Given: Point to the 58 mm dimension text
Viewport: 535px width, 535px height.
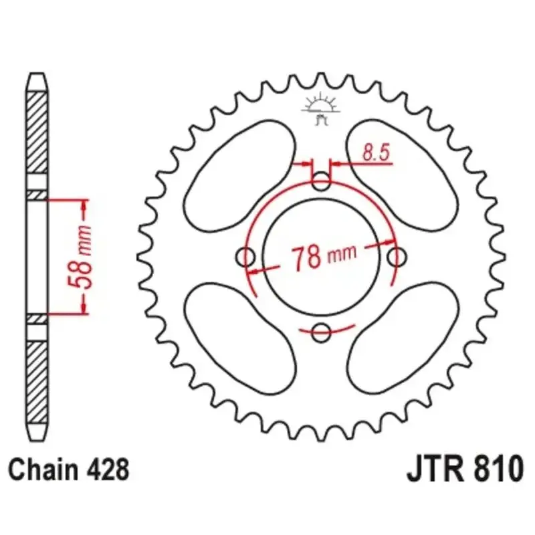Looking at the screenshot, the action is [80, 256].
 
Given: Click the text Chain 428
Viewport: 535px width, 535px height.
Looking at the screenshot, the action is [69, 470].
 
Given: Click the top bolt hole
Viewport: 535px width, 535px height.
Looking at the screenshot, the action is [321, 182].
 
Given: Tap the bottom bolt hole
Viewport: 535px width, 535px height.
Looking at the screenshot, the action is [321, 332].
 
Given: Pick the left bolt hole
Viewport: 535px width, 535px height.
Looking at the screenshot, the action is [245, 257].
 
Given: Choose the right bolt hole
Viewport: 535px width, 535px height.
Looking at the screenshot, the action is [397, 257].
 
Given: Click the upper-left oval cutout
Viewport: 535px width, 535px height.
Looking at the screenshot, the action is [239, 176].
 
